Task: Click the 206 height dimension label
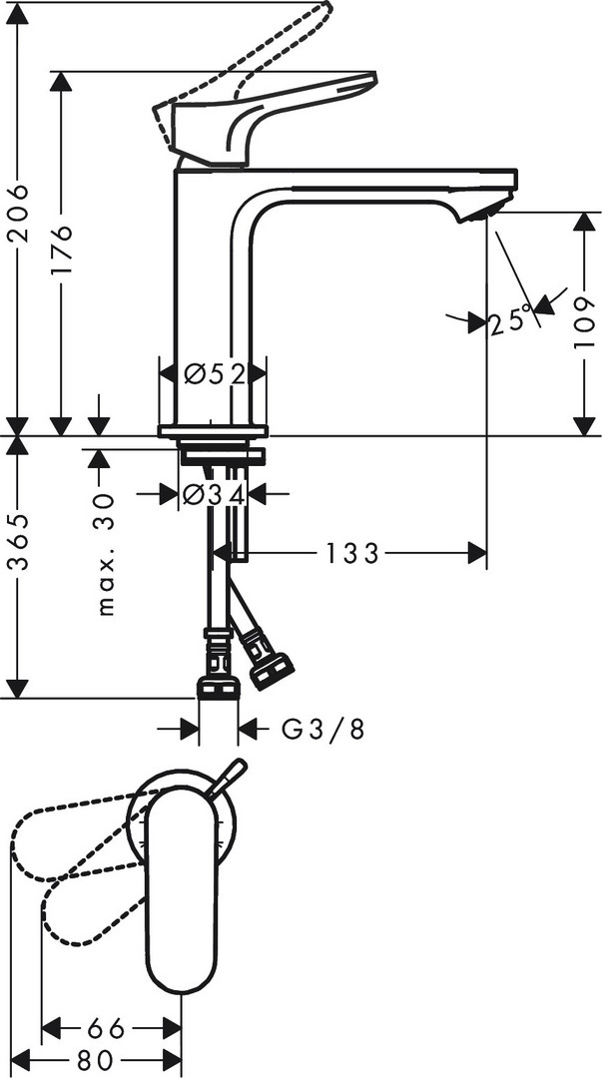(17, 213)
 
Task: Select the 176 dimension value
(61, 248)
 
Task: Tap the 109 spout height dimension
(584, 321)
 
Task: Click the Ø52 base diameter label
(215, 374)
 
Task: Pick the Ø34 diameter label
(214, 494)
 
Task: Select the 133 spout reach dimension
(352, 553)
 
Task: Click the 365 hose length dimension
(17, 541)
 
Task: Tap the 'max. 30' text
(105, 553)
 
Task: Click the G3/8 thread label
(322, 729)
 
